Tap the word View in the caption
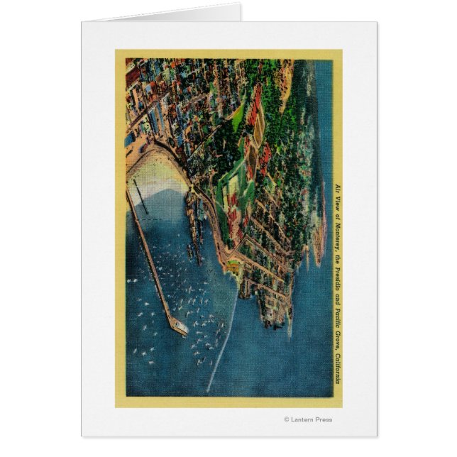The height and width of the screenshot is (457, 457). click(337, 202)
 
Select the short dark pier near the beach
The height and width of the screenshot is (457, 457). click(140, 196)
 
